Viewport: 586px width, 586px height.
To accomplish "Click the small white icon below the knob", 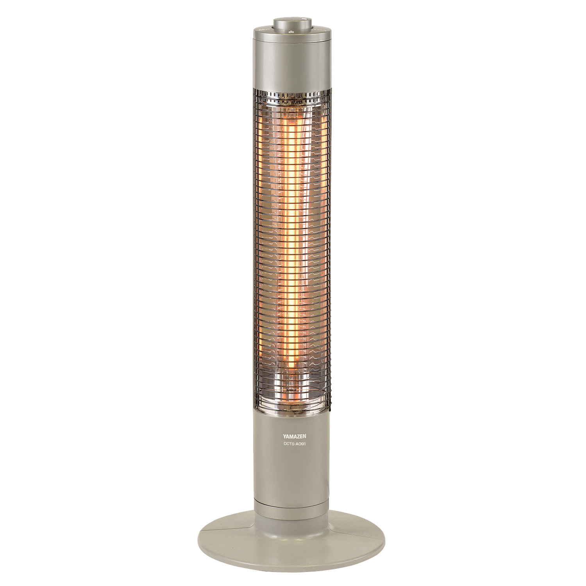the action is point(291,33).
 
